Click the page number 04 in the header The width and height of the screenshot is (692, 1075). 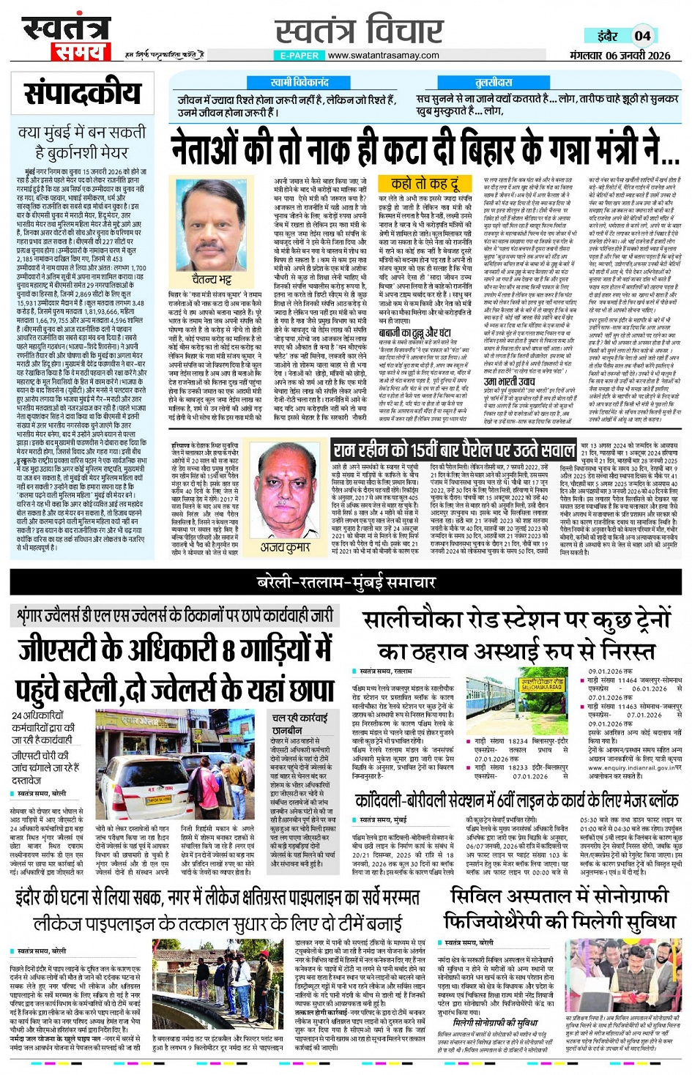[642, 35]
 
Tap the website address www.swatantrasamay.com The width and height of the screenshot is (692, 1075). [383, 55]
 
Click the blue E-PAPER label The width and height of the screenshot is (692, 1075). [300, 55]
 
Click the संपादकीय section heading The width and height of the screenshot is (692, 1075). [82, 94]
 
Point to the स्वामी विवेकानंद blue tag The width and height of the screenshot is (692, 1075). [300, 83]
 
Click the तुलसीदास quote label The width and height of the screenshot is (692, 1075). [494, 83]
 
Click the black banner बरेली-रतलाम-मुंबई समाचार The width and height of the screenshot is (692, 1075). [346, 582]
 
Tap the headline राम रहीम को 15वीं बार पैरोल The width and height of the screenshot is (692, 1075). [454, 450]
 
